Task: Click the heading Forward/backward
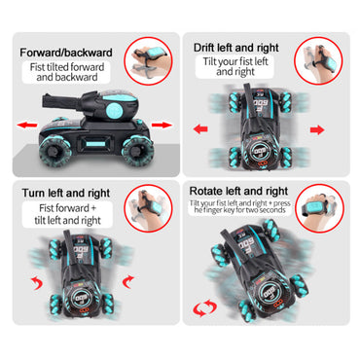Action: pos(66,53)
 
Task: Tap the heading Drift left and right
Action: pos(236,48)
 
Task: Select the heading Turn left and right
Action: pos(66,194)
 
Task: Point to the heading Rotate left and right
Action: pos(238,191)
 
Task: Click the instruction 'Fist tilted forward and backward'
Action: pos(67,72)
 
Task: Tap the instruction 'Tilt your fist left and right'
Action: pos(235,66)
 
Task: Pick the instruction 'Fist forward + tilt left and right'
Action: pos(67,214)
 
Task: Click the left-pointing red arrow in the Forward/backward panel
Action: pos(27,125)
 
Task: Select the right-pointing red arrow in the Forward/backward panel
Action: pos(162,125)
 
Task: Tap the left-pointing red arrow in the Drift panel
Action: pos(200,129)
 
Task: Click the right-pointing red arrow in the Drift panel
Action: pos(317,129)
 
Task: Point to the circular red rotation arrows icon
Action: pos(205,307)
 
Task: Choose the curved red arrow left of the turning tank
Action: pos(37,283)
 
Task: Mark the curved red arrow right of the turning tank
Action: pos(128,281)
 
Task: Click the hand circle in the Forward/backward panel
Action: pos(148,62)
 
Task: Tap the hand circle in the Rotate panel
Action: pos(319,208)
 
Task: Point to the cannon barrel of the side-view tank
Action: pos(63,100)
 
